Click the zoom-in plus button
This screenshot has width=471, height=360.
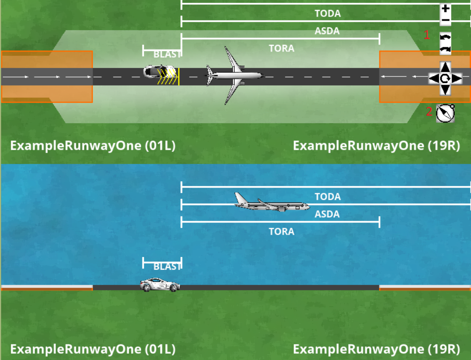[446, 9]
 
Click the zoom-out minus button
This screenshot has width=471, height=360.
[446, 20]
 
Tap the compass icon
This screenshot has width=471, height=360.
[445, 113]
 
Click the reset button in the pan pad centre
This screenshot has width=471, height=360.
[445, 78]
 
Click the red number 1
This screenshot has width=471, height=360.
[427, 34]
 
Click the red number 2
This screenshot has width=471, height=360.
[429, 112]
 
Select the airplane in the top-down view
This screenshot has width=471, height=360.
[233, 75]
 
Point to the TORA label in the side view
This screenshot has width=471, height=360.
[281, 231]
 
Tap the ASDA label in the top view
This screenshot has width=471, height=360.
[327, 31]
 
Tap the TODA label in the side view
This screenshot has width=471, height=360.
[328, 197]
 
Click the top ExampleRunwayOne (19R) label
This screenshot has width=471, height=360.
[376, 146]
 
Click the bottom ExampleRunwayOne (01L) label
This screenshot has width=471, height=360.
[93, 349]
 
